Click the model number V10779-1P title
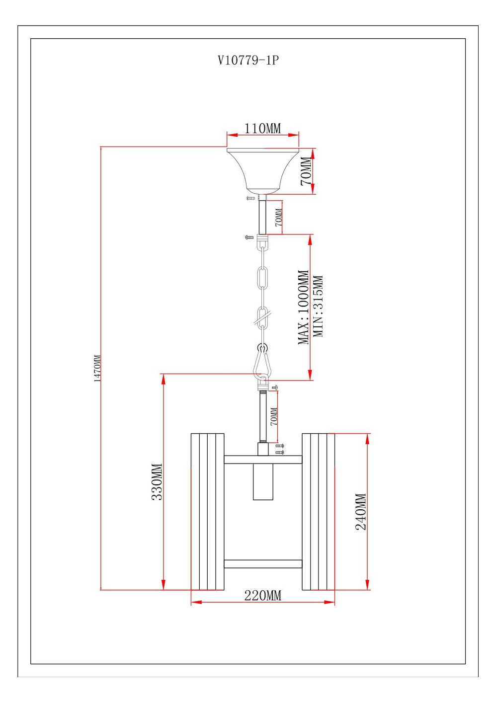coord(248,61)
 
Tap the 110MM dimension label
coord(262,128)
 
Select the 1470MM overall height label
coord(98,368)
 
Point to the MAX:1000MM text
coord(303,307)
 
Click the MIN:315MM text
coord(319,307)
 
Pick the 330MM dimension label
coord(157,481)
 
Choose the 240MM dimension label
coord(361,512)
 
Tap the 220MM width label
coord(262,595)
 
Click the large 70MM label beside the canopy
coord(307,171)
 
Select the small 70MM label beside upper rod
coord(279,217)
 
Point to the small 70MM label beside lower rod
coord(274,416)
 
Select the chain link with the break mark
coord(263,318)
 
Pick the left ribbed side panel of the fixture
coord(207,512)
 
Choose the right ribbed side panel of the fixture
coord(318,512)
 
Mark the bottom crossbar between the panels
coord(263,564)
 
